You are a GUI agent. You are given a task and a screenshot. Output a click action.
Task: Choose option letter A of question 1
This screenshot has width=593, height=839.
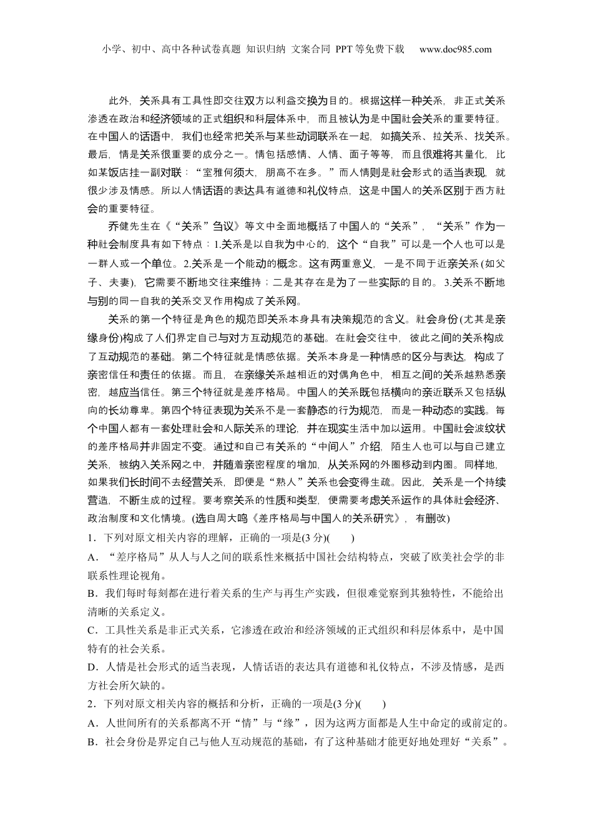pos(92,556)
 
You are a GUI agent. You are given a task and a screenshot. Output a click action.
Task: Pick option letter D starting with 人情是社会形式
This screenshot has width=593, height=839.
pos(92,667)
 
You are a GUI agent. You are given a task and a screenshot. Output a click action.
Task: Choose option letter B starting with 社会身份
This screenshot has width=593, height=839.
pos(92,742)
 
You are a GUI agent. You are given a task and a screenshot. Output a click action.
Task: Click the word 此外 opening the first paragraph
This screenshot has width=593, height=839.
pos(119,101)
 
